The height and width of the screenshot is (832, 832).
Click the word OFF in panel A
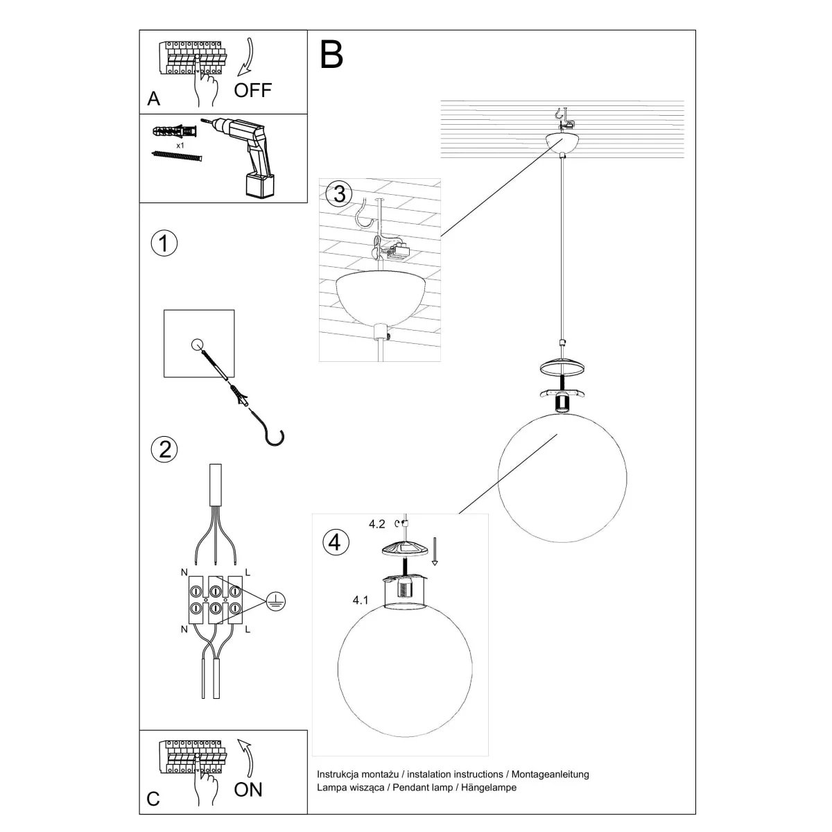(252, 90)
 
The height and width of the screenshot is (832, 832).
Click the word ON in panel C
(248, 790)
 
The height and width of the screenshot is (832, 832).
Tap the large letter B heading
(331, 55)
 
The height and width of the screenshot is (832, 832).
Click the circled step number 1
(164, 244)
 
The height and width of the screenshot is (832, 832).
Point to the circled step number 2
(164, 449)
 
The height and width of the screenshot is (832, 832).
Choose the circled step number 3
(338, 194)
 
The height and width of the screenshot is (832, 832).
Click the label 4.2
(376, 524)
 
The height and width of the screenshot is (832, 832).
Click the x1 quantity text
(180, 146)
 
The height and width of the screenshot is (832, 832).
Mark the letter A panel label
(154, 99)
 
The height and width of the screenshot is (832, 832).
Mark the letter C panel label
(153, 799)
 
